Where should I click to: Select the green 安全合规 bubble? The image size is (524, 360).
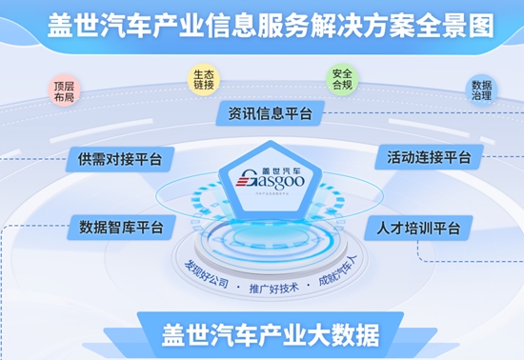340,77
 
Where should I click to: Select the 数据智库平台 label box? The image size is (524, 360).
121,228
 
